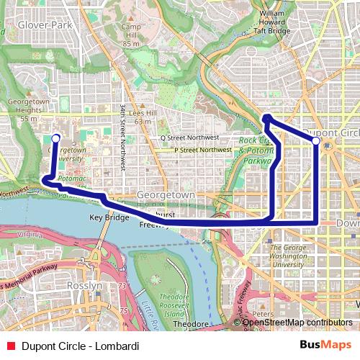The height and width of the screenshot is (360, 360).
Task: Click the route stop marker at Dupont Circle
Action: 316,141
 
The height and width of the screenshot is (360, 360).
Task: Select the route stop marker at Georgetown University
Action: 56,137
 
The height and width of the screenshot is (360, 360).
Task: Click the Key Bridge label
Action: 109,217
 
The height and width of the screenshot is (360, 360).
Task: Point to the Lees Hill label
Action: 143,117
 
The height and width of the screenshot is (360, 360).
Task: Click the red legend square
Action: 9,346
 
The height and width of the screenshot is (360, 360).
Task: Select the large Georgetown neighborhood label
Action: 166,195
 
